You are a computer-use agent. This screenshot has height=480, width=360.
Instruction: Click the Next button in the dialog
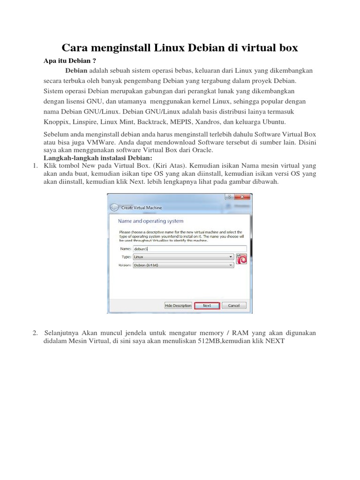tap(207, 306)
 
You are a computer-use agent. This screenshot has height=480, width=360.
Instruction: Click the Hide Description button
tap(178, 306)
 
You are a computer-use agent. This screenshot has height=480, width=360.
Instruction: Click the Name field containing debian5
tap(189, 249)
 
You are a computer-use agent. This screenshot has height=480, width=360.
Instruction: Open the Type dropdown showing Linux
tap(183, 257)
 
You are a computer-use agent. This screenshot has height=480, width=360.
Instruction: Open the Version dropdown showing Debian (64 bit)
tap(183, 265)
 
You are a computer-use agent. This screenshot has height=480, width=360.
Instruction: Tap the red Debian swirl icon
tap(241, 259)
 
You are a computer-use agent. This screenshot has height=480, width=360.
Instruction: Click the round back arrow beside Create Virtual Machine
tap(114, 207)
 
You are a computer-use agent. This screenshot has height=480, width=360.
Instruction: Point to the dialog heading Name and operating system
tap(150, 221)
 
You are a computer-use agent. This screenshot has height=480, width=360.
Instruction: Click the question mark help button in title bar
tap(229, 197)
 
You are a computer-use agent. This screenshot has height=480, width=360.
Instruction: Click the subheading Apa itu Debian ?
tap(66, 61)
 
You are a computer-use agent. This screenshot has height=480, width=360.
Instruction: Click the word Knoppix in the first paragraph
tap(56, 122)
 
